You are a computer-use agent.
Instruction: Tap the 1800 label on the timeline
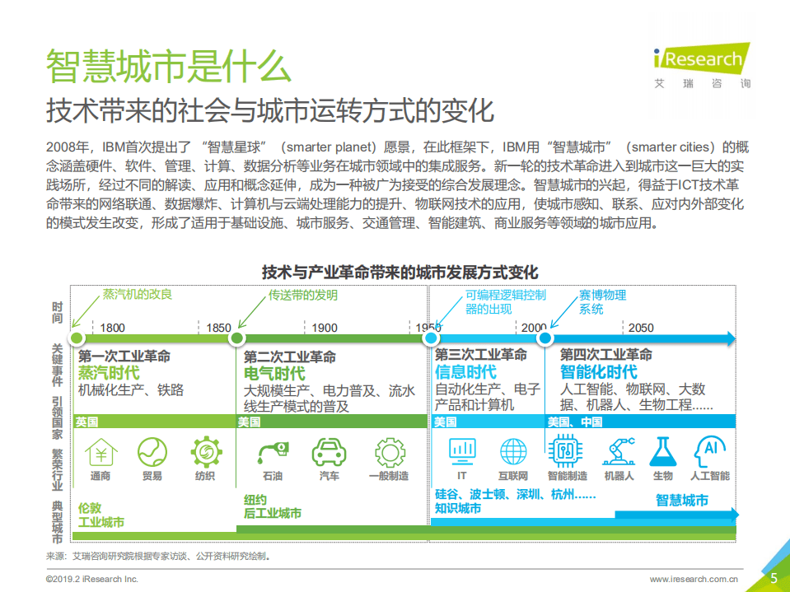(113, 328)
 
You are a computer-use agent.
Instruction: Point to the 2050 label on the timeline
(641, 328)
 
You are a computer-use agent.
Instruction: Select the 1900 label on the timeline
(325, 328)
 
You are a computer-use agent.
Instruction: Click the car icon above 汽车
(329, 452)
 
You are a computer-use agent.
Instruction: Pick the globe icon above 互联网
(512, 451)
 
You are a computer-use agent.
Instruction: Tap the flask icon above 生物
(662, 451)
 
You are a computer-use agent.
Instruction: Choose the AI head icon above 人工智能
(709, 451)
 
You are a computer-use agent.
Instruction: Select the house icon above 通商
(101, 452)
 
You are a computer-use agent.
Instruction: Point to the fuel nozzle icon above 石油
(273, 452)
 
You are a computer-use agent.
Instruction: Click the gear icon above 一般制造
(389, 452)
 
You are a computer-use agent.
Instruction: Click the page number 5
(774, 578)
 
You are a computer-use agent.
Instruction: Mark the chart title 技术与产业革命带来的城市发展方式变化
(400, 272)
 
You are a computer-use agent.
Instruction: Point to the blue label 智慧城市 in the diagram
(681, 500)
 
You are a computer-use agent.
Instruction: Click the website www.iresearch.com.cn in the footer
(694, 579)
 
